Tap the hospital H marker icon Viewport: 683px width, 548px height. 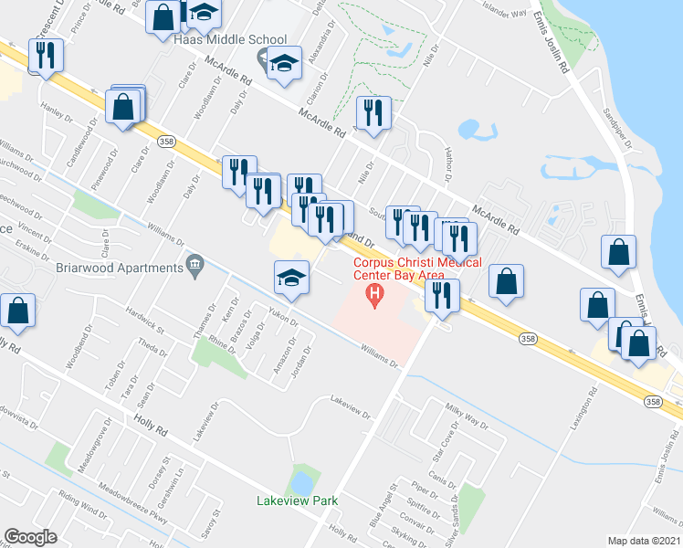point(373,295)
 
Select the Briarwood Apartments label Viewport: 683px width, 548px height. point(132,268)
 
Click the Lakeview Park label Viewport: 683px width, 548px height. point(298,501)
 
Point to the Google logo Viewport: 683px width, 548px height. point(30,537)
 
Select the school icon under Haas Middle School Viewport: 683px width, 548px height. point(284,64)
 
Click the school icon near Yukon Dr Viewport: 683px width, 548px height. point(290,279)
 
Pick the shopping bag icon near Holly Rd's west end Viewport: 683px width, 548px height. point(17,311)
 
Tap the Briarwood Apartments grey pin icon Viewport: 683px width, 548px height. point(194,266)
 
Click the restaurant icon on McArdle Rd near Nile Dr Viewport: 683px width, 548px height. point(373,113)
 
